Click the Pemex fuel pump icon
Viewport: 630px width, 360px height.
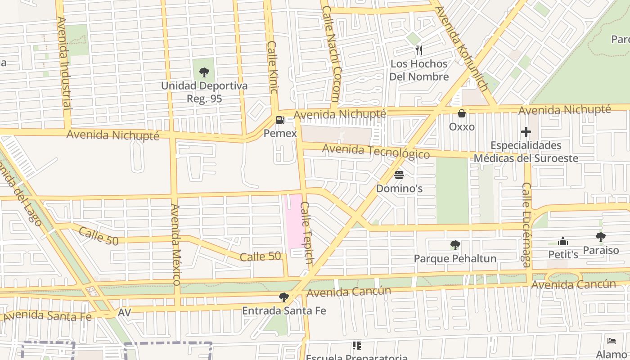click(x=280, y=120)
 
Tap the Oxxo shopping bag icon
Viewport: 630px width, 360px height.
click(x=461, y=113)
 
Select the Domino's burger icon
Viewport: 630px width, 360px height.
click(x=399, y=175)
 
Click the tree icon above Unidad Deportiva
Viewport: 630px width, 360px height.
click(x=204, y=72)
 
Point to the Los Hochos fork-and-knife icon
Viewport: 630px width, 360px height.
click(x=419, y=50)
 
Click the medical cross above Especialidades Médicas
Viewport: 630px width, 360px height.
click(x=526, y=132)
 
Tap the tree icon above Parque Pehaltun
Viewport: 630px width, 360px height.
click(x=455, y=245)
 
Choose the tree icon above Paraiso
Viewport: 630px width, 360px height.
click(x=600, y=237)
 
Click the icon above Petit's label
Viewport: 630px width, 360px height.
click(x=562, y=242)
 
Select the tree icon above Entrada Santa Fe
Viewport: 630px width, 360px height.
click(x=283, y=297)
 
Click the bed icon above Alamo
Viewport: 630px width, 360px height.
click(x=611, y=341)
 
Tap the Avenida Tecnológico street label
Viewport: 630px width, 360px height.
click(x=376, y=151)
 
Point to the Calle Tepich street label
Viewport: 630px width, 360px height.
click(x=306, y=232)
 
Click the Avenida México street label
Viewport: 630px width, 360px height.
click(x=175, y=244)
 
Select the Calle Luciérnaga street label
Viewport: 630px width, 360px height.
click(x=526, y=225)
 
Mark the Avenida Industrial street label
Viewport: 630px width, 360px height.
click(x=64, y=63)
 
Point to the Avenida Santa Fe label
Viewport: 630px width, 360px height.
click(x=47, y=315)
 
